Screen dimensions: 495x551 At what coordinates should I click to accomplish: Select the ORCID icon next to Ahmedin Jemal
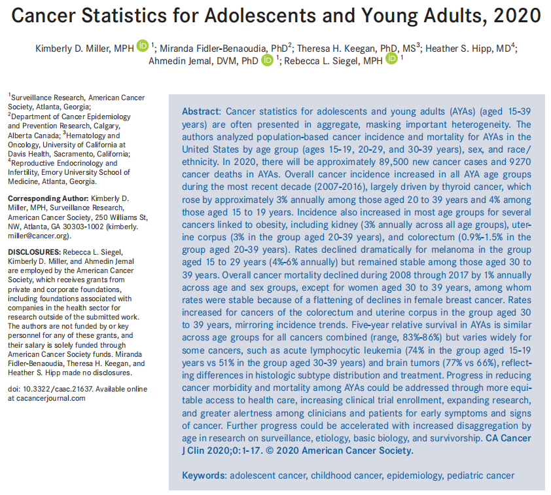pyautogui.click(x=267, y=60)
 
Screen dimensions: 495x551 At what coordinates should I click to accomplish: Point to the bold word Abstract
pyautogui.click(x=201, y=112)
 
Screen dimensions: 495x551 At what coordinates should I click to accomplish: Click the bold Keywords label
pyautogui.click(x=203, y=475)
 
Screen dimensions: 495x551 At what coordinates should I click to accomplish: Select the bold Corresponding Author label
pyautogui.click(x=48, y=198)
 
